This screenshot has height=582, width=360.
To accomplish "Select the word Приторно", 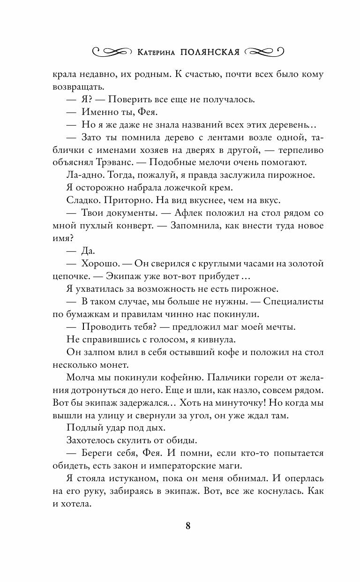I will (117, 200).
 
